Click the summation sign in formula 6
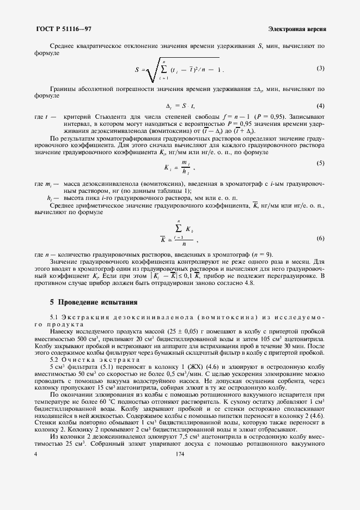[x=178, y=225]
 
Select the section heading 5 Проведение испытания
[x=93, y=302]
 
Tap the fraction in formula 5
[x=185, y=167]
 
